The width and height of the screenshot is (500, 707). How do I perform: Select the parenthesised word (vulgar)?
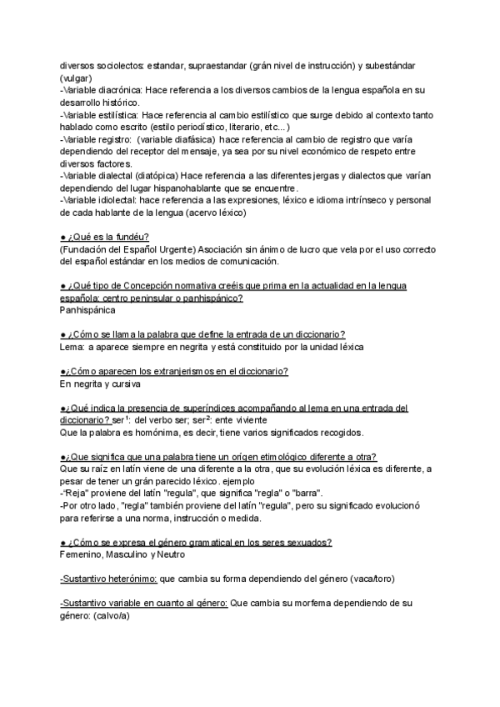point(76,77)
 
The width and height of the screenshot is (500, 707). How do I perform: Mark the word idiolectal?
point(124,200)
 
